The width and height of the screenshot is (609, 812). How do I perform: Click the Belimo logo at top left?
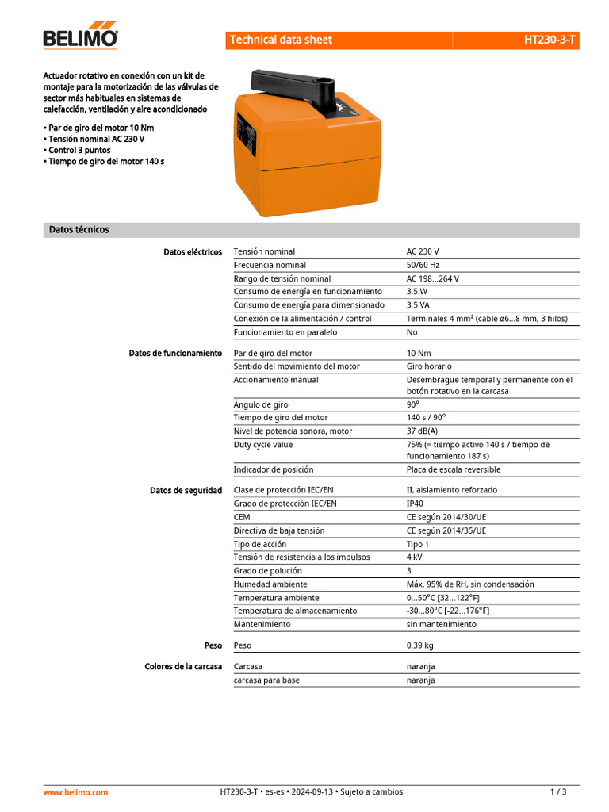(80, 37)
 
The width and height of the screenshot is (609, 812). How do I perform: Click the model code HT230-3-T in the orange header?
(550, 40)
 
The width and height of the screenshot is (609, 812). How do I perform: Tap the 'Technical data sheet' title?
(281, 40)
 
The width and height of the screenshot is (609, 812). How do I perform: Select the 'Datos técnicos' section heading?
(79, 230)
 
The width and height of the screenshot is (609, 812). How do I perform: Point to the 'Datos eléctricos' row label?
(193, 251)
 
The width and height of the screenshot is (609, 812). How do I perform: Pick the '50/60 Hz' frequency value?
(423, 265)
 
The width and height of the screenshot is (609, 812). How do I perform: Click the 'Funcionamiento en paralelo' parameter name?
(285, 332)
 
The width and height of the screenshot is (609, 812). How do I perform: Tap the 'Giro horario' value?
(429, 366)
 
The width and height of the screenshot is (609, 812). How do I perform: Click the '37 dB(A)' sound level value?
(422, 431)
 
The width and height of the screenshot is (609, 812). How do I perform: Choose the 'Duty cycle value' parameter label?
(263, 445)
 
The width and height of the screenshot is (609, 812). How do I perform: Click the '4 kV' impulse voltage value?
(415, 557)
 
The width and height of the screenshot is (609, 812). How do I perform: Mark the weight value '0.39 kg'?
(420, 645)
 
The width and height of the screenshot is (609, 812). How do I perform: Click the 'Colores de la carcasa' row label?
(183, 666)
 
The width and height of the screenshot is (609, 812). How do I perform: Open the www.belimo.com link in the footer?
(75, 791)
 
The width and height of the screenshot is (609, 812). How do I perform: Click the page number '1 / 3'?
(558, 791)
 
